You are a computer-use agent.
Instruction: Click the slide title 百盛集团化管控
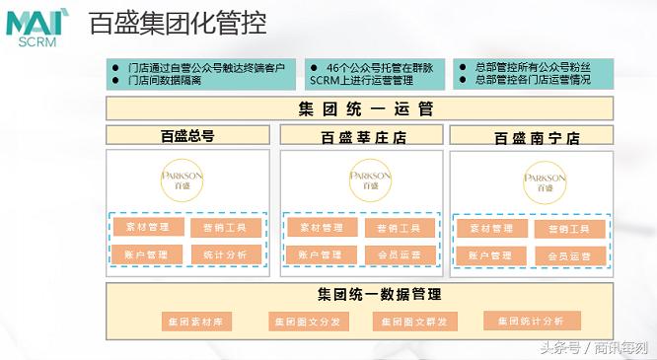178,24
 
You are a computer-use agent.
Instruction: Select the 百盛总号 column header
187,136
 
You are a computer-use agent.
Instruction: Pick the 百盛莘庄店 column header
361,137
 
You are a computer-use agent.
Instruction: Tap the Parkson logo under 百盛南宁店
545,181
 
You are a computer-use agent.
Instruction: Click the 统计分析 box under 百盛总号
226,253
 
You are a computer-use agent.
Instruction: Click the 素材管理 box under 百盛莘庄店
320,228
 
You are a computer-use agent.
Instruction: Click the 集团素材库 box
194,322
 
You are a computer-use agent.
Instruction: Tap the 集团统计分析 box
524,321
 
